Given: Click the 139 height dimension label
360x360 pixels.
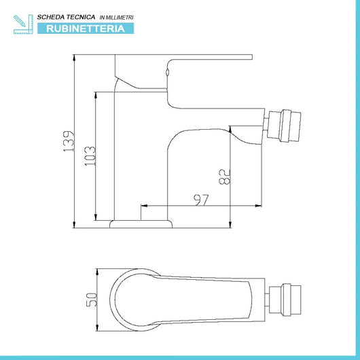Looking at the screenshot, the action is click(69, 141).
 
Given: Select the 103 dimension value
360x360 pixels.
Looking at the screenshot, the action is click(90, 156).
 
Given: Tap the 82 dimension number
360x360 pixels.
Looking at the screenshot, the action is click(224, 177).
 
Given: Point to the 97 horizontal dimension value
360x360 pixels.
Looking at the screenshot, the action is click(201, 200).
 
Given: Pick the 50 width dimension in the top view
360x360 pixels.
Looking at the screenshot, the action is click(92, 300).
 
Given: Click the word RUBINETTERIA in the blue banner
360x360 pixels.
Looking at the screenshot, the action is click(86, 29).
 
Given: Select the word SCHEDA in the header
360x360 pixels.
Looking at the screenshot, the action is click(49, 17).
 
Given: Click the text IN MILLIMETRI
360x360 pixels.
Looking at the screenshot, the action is click(116, 18).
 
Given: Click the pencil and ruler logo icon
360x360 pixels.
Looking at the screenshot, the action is click(23, 24).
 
